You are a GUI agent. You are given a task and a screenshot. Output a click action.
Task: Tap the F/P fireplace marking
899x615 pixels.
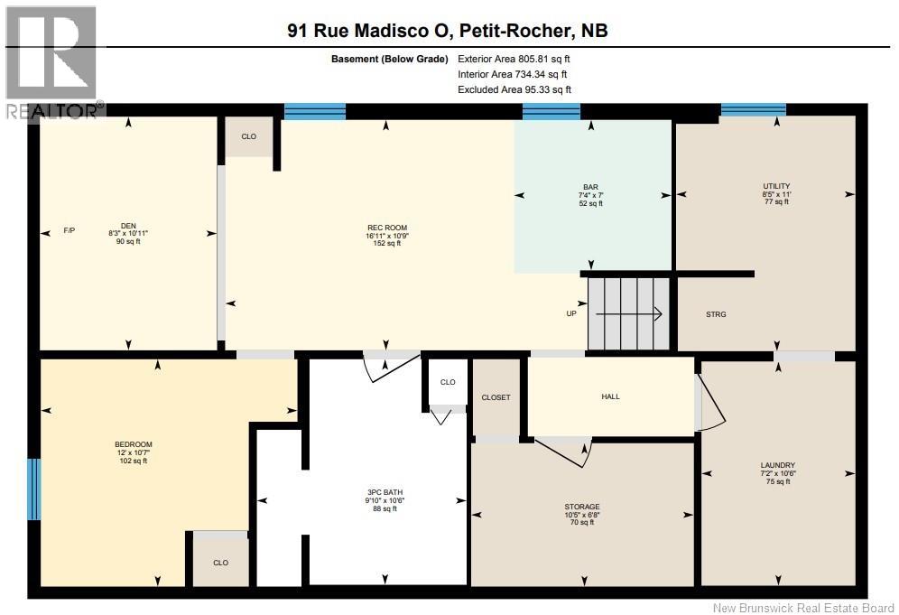69,230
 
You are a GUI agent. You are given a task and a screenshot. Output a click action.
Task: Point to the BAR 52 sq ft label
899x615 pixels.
590,195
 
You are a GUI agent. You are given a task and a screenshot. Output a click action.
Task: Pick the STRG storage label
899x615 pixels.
716,314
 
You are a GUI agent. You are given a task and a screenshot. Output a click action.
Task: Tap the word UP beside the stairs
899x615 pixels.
571,313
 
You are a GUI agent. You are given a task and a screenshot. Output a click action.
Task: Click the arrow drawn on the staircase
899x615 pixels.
629,313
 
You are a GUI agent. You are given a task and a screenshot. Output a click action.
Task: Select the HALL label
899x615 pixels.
610,396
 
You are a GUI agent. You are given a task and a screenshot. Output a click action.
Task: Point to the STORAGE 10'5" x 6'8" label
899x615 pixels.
582,515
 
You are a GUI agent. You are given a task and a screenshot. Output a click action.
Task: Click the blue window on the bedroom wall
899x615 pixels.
35,489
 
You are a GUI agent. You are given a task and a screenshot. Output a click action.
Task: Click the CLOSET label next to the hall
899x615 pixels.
496,397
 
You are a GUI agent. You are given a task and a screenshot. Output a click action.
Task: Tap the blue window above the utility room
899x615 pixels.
754,109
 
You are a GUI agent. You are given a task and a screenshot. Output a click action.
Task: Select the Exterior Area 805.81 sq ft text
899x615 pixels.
514,59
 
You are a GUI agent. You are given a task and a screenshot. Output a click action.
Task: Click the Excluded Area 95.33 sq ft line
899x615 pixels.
514,89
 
